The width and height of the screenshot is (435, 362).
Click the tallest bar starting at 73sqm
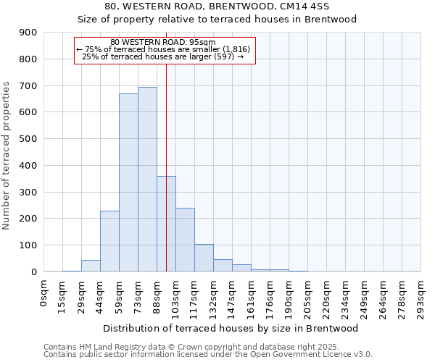147,180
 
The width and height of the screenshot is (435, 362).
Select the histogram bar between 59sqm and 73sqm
128,182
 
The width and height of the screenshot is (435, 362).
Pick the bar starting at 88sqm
166,224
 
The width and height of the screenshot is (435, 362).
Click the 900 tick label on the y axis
28,33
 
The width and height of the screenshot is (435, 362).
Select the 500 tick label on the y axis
28,139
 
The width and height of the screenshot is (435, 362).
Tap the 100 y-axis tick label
28,245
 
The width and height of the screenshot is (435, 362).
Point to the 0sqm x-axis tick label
44,293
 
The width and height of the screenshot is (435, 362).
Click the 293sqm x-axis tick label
421,295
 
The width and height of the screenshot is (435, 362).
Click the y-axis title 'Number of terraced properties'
7,156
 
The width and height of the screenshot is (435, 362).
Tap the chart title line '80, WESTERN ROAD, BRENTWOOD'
217,7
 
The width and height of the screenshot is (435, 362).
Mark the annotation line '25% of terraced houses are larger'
163,56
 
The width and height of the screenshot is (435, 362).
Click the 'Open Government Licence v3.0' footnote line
208,354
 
